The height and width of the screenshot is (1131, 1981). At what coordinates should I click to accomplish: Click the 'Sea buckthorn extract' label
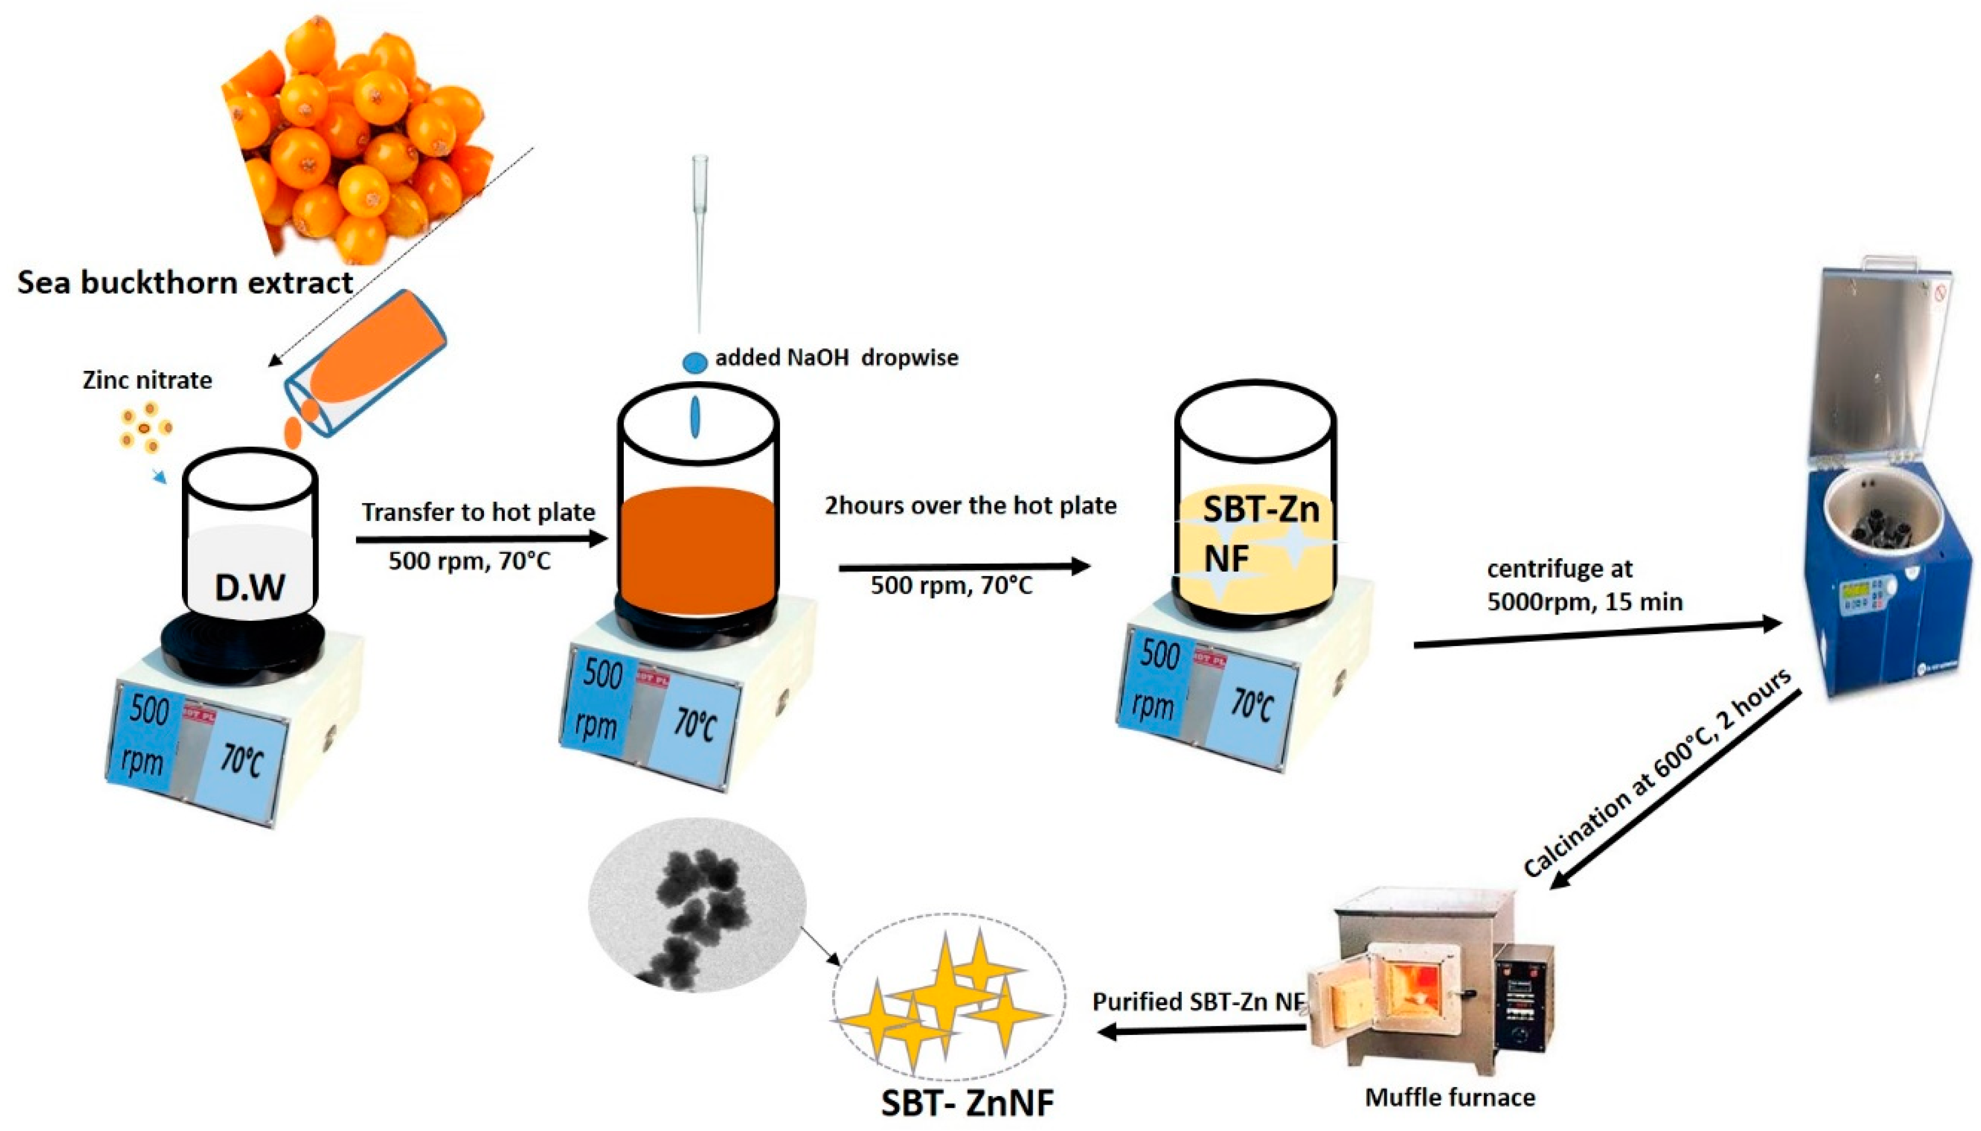185,282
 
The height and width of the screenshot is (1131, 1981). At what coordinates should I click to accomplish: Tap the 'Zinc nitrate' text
147,380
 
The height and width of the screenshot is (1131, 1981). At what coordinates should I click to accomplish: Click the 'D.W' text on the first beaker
250,588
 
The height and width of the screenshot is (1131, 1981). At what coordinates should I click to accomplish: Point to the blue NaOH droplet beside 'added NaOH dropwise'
695,362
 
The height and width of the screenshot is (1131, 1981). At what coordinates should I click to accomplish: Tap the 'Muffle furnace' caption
1450,1097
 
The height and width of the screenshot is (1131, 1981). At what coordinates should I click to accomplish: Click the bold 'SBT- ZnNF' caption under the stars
967,1102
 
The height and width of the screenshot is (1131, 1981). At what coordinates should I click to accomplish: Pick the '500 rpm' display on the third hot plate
1156,680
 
